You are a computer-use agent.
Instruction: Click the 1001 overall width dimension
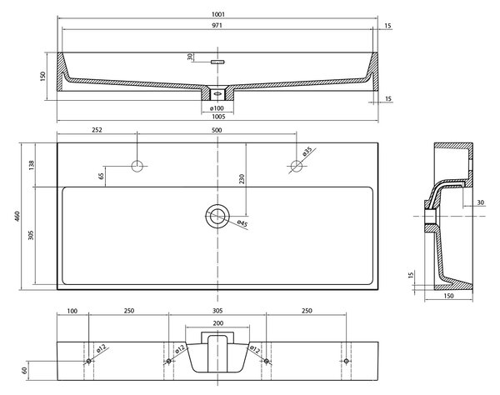[x=217, y=14]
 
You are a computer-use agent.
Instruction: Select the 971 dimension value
[x=217, y=26]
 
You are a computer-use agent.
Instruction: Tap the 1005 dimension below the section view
[x=218, y=117]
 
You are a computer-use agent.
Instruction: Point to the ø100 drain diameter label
[x=217, y=108]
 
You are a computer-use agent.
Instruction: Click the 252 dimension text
[x=97, y=130]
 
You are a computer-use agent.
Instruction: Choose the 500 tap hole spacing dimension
[x=217, y=130]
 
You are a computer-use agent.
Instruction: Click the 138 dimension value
[x=32, y=165]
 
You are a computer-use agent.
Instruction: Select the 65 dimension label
[x=101, y=176]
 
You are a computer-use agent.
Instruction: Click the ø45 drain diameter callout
[x=242, y=224]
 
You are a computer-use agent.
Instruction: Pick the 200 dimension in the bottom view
[x=217, y=323]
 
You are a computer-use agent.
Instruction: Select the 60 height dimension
[x=23, y=371]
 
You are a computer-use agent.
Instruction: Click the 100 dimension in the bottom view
[x=72, y=311]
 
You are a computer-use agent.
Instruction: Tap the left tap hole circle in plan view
[x=137, y=166]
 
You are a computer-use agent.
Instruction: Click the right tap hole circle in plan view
[x=297, y=166]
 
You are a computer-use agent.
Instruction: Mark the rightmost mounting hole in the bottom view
[x=346, y=361]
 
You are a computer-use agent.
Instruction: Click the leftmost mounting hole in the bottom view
[x=89, y=361]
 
